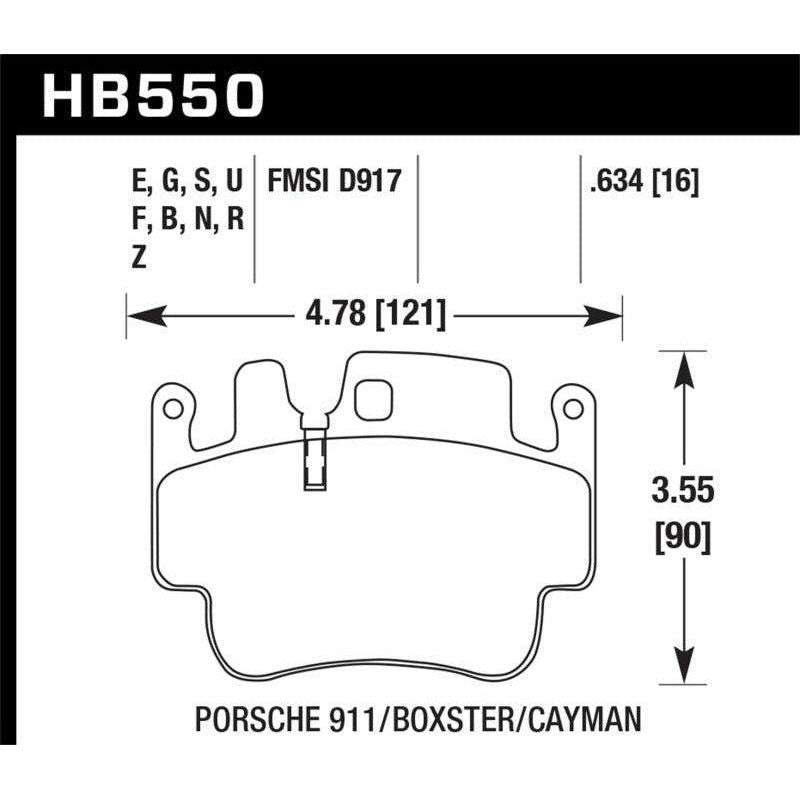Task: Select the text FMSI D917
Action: tap(333, 182)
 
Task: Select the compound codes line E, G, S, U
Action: tap(187, 182)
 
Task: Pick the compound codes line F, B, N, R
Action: tap(187, 220)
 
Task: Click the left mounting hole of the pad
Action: tap(172, 408)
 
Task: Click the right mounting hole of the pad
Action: tap(572, 408)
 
